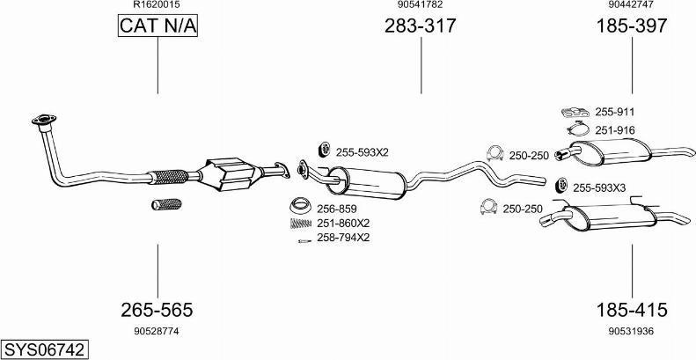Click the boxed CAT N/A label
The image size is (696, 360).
point(158,27)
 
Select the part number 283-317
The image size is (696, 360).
point(420,26)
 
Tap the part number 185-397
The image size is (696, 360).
point(632,26)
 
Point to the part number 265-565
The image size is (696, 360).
point(157,310)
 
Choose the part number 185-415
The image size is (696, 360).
point(632,310)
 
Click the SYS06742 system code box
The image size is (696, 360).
point(44,349)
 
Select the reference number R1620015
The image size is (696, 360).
point(157,5)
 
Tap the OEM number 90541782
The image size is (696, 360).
point(420,5)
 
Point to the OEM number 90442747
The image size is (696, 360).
point(632,5)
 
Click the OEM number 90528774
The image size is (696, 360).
point(157,331)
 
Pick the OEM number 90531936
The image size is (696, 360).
point(632,331)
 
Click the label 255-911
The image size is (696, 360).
point(615,112)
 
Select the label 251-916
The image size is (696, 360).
point(615,130)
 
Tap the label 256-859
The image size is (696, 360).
point(336,209)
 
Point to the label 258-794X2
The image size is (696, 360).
point(344,237)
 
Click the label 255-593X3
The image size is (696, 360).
point(599,187)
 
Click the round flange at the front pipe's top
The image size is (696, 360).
point(40,118)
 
